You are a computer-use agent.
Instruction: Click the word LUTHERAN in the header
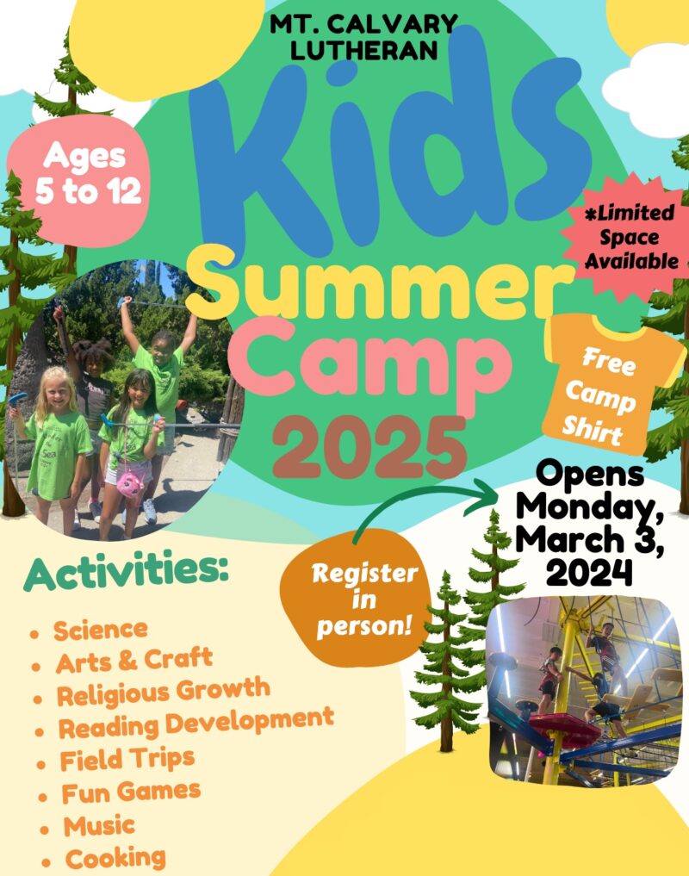tap(363, 51)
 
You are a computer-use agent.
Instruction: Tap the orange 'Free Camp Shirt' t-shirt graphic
tap(611, 386)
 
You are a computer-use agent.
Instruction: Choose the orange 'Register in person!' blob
tap(357, 599)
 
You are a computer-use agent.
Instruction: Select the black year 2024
tap(590, 572)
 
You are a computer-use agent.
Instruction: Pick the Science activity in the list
tap(101, 631)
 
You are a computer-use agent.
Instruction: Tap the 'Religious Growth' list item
tap(163, 693)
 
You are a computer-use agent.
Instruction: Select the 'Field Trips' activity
tap(127, 759)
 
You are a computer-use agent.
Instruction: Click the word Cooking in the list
tap(115, 858)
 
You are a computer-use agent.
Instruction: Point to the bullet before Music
tap(44, 829)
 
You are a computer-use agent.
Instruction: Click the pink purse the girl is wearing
tap(131, 483)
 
